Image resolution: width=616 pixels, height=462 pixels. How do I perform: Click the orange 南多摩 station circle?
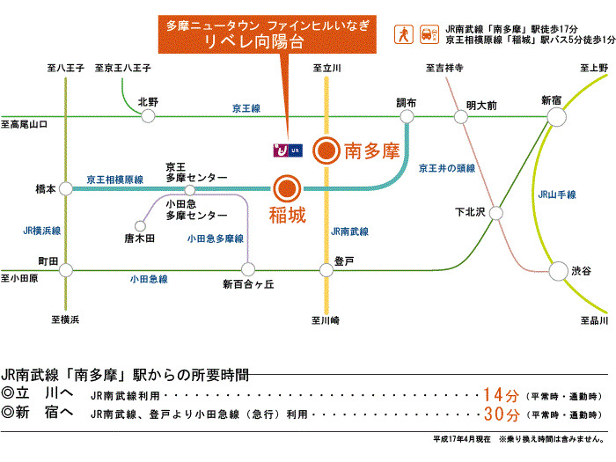pos(326,150)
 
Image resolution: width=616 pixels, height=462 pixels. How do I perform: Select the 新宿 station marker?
pos(554,117)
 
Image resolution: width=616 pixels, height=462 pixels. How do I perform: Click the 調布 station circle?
pos(407,117)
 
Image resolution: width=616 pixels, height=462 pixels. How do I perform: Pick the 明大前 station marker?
pos(459,117)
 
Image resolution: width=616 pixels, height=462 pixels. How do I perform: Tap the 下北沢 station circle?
pos(495,212)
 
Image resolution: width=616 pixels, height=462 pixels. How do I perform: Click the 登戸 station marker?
pos(326,271)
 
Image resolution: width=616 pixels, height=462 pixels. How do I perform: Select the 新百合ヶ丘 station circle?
pos(248,271)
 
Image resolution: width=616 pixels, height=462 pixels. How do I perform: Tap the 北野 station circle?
pos(147,117)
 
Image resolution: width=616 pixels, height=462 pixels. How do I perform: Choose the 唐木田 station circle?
pos(139,224)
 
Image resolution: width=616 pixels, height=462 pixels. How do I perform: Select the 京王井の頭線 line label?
pos(446,168)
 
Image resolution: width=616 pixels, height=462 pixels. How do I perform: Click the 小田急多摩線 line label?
pos(215,238)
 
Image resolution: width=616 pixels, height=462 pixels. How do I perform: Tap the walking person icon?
pos(403,33)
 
